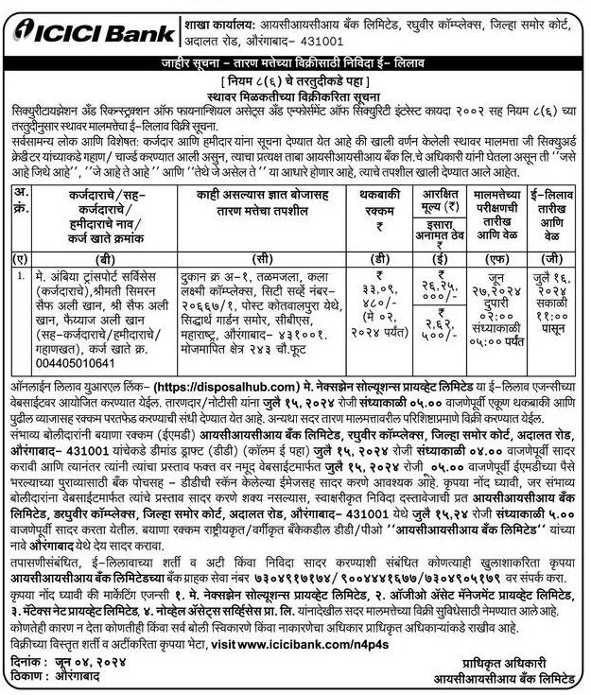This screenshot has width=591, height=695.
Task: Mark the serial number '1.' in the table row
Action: (19, 274)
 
